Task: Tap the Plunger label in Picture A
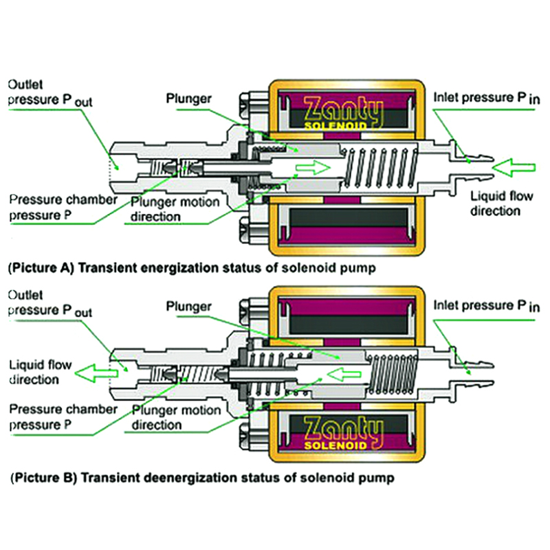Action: [188, 98]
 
